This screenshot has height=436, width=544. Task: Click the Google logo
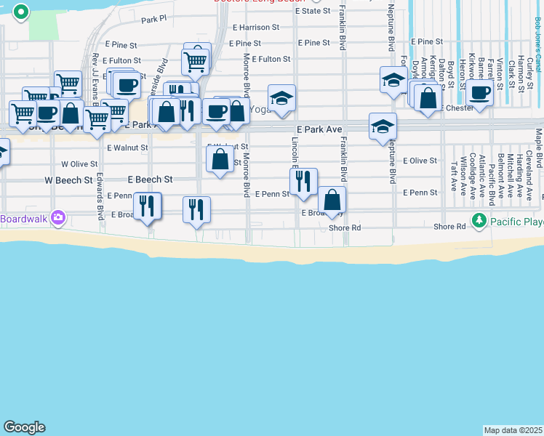click(x=24, y=427)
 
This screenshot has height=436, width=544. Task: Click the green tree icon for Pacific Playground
click(x=479, y=219)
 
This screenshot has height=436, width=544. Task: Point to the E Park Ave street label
click(x=319, y=129)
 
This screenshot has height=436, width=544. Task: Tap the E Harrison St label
click(x=255, y=27)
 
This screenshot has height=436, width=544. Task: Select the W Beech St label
click(x=68, y=179)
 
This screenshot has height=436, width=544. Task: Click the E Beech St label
click(x=150, y=179)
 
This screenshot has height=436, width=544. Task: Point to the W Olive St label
click(x=79, y=164)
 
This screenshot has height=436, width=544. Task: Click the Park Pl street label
click(x=154, y=20)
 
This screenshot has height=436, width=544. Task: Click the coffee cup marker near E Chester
click(x=480, y=92)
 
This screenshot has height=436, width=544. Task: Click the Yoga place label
click(x=260, y=109)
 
